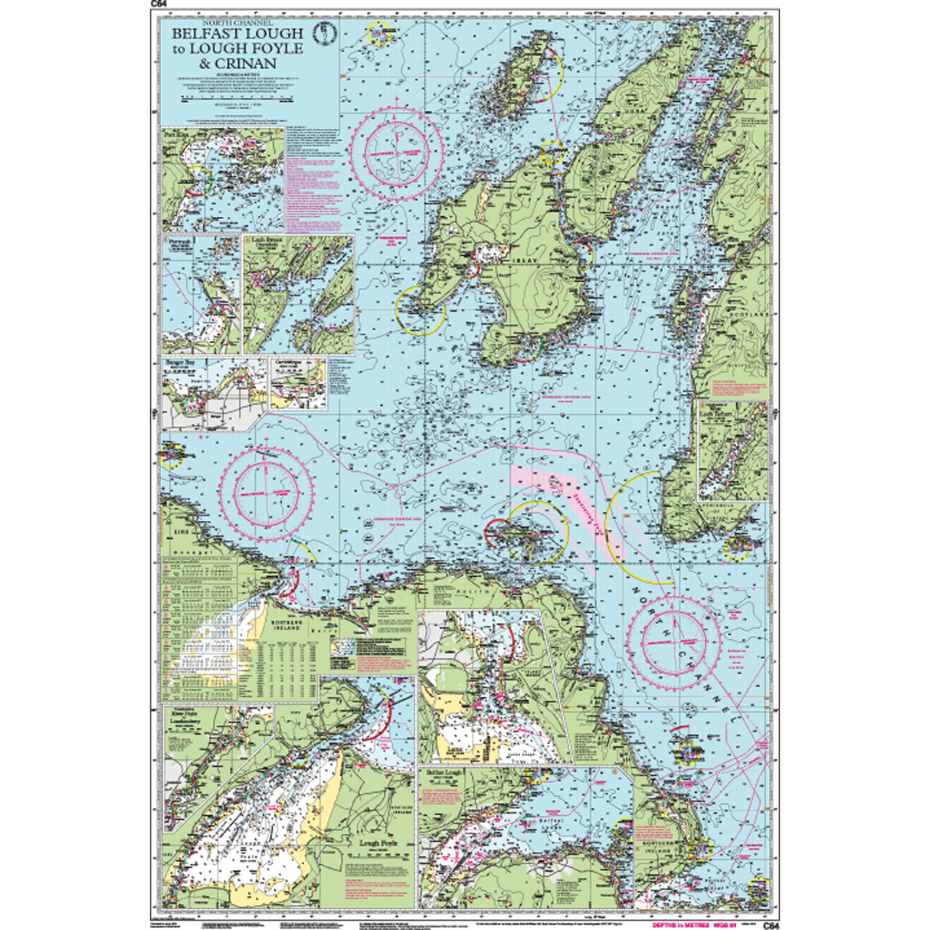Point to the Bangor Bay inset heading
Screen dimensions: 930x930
pyautogui.click(x=180, y=362)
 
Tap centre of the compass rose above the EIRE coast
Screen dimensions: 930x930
pyautogui.click(x=266, y=489)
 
